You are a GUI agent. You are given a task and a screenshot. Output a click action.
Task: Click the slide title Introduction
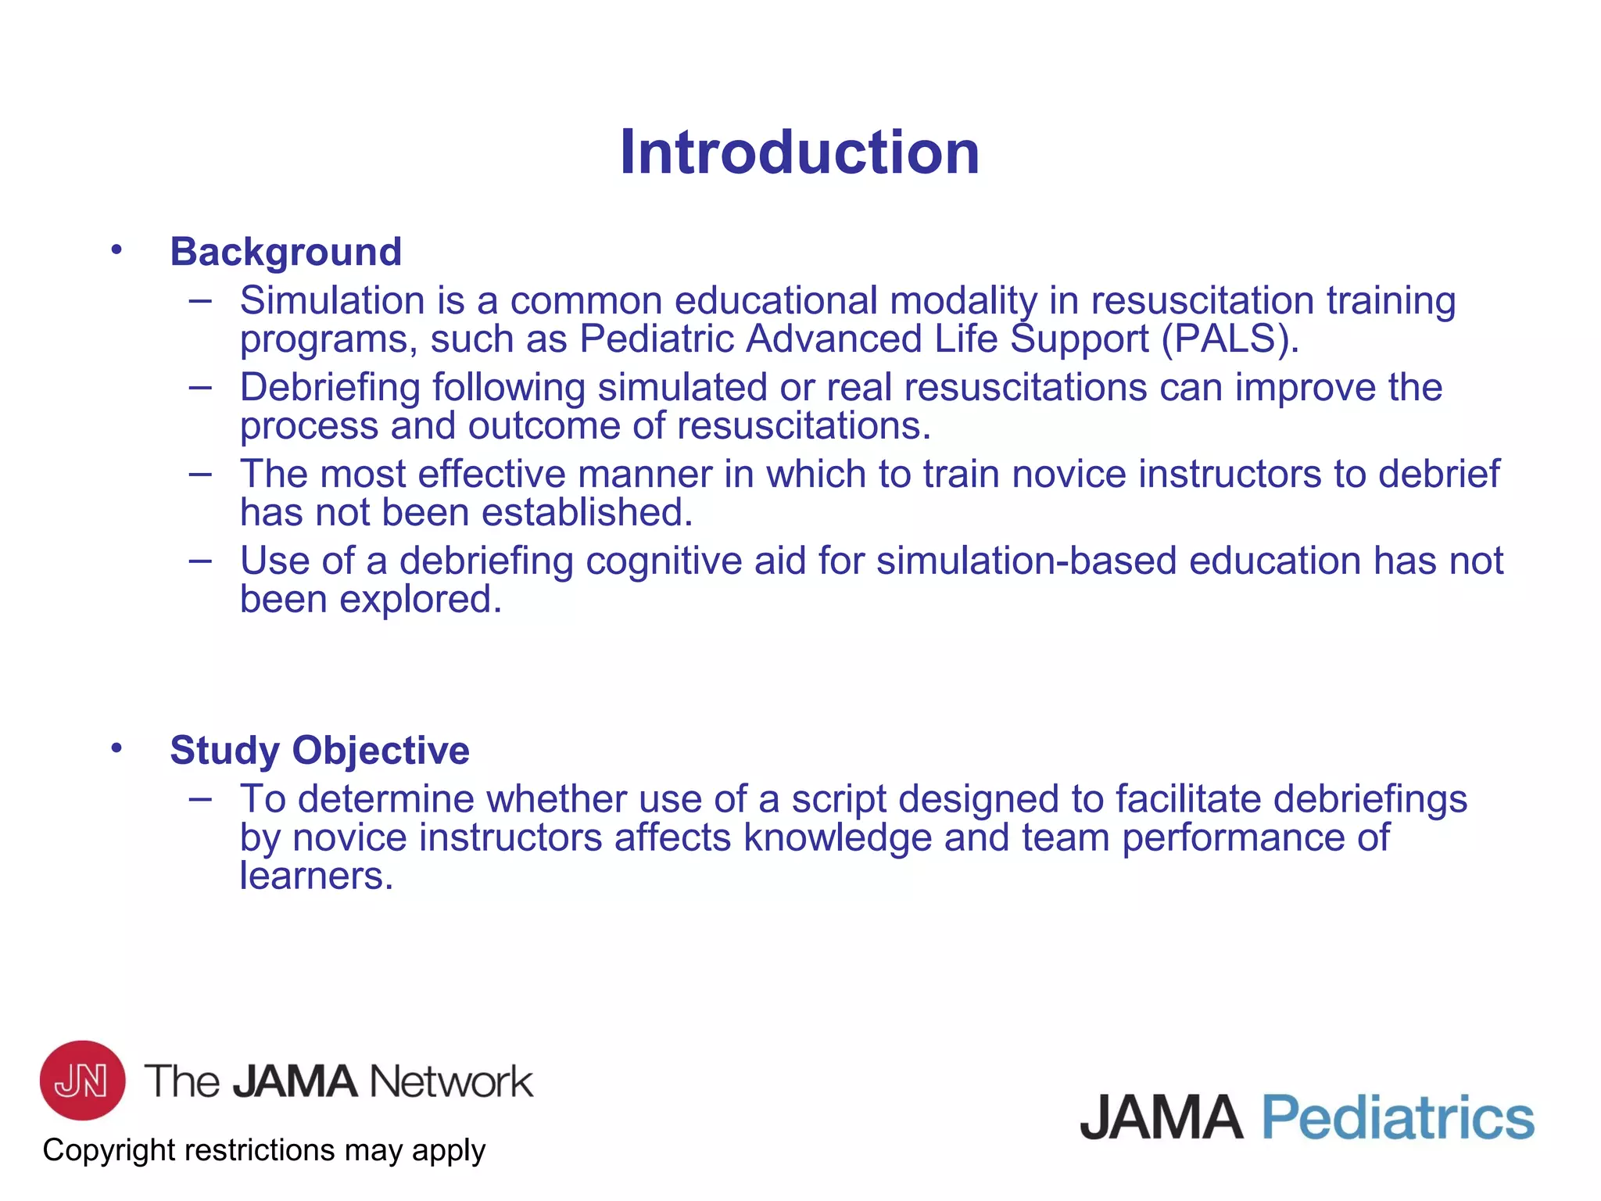point(799,152)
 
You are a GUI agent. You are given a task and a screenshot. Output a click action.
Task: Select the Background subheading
point(286,252)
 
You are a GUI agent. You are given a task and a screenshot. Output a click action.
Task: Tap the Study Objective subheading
point(320,751)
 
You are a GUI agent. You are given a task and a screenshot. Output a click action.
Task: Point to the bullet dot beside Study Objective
point(116,748)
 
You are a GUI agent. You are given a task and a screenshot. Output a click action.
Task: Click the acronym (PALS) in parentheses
point(1230,339)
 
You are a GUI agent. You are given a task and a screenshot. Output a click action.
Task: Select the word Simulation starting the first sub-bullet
point(332,301)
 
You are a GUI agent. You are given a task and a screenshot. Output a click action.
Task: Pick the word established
point(587,513)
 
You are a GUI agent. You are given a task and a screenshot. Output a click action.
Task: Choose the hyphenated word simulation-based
point(1026,561)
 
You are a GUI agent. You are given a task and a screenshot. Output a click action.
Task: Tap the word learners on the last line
point(316,877)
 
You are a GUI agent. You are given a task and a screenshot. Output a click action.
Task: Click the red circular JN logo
point(82,1080)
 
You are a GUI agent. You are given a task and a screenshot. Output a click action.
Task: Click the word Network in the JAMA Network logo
point(451,1082)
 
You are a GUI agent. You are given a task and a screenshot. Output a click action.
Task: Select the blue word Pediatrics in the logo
point(1398,1118)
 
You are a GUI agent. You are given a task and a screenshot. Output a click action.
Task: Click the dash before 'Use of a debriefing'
point(200,561)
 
